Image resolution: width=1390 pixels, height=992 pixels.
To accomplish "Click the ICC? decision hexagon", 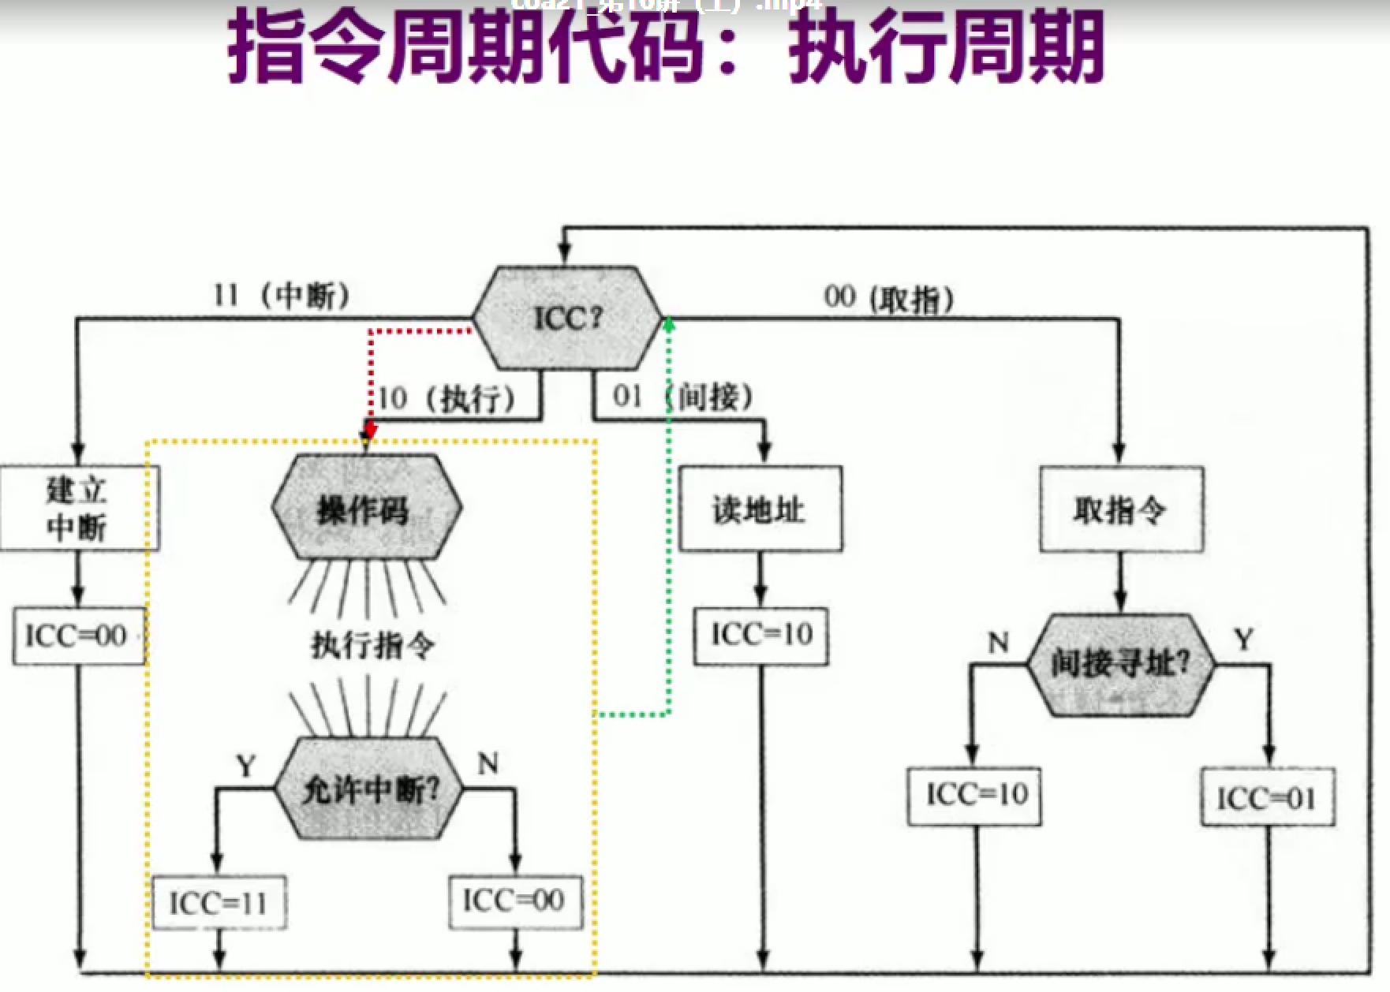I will [x=567, y=319].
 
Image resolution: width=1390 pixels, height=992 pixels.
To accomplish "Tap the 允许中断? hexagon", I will [x=368, y=789].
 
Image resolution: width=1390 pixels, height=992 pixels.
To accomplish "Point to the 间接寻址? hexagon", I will [x=1120, y=665].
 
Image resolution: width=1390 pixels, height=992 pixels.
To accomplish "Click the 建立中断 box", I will [x=79, y=509].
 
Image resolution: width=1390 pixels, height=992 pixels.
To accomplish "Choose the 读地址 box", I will [x=760, y=509].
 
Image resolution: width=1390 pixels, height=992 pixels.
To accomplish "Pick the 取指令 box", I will [x=1121, y=509].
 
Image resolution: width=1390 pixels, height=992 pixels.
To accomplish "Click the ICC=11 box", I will [x=219, y=902].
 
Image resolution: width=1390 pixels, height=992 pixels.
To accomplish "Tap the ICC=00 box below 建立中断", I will [x=79, y=636].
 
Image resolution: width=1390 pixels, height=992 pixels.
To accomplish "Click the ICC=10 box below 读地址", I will [x=761, y=635].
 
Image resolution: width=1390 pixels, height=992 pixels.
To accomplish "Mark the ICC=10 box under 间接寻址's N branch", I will [x=974, y=796].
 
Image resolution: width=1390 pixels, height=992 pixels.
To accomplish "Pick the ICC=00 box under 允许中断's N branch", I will [x=515, y=901].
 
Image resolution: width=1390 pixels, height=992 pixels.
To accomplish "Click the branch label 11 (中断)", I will [x=281, y=296].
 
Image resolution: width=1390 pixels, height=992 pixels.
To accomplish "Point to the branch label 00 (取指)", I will [x=889, y=298].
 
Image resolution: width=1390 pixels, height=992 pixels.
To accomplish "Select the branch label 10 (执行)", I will [x=447, y=398].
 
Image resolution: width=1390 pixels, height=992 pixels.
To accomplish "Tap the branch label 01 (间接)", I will [x=683, y=396].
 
